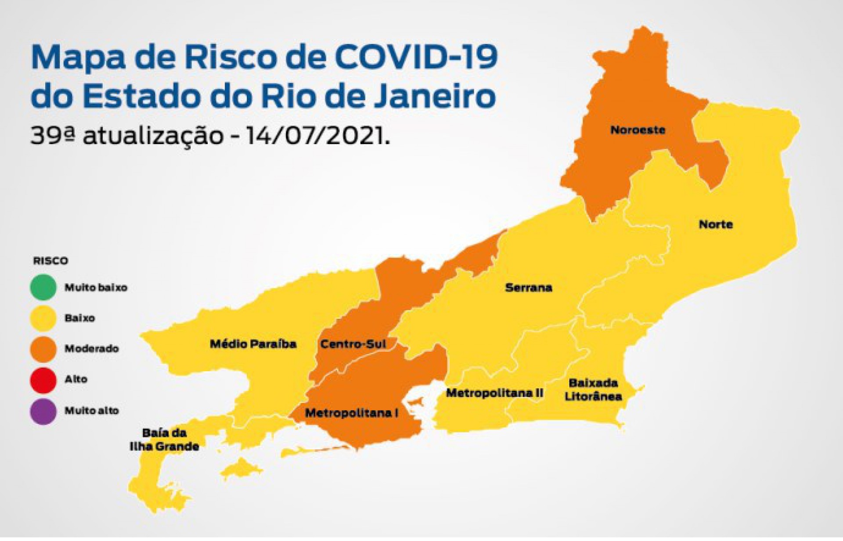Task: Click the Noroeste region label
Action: (x=638, y=130)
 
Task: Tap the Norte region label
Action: (x=716, y=224)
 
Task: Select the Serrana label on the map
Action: (x=528, y=288)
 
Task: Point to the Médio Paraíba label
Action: (x=253, y=343)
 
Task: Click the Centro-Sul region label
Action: (x=353, y=343)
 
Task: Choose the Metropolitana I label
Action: (x=351, y=413)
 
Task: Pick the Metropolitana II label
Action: (x=494, y=393)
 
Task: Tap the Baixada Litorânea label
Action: (x=593, y=390)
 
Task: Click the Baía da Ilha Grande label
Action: (x=164, y=440)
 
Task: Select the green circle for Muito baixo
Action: (x=43, y=287)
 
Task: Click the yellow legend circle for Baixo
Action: (x=43, y=318)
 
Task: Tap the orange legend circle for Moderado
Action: (x=43, y=349)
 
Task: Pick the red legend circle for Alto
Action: (x=43, y=379)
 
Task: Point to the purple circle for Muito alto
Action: (x=43, y=411)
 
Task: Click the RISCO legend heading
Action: (x=50, y=261)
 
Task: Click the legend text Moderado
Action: (x=91, y=349)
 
